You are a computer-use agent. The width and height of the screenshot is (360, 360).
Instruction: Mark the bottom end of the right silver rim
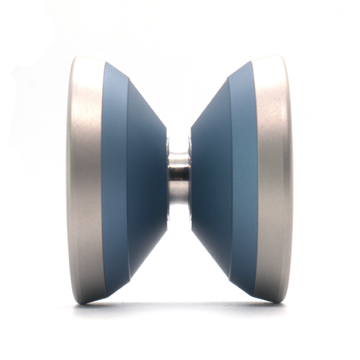[x=271, y=300]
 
